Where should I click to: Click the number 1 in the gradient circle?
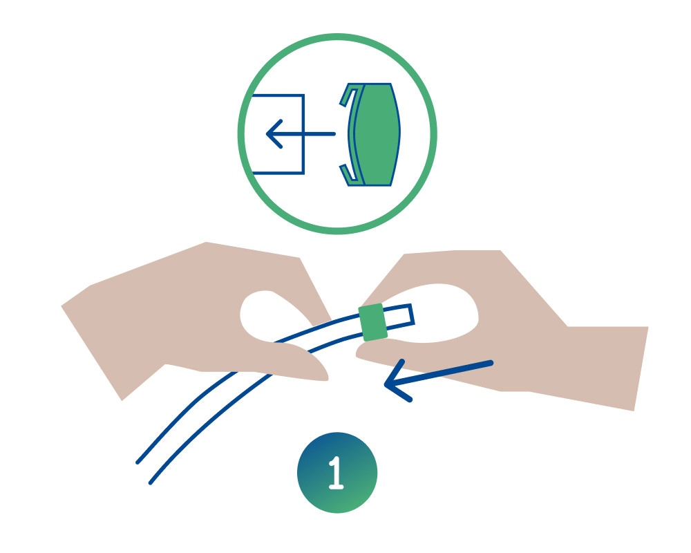click(337, 473)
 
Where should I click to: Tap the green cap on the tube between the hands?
click(373, 322)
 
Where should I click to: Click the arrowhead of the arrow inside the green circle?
click(274, 133)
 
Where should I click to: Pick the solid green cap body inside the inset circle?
click(377, 134)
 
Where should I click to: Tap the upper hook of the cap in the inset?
click(349, 95)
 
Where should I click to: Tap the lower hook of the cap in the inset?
click(349, 174)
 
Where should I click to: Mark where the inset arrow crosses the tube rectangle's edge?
click(303, 133)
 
